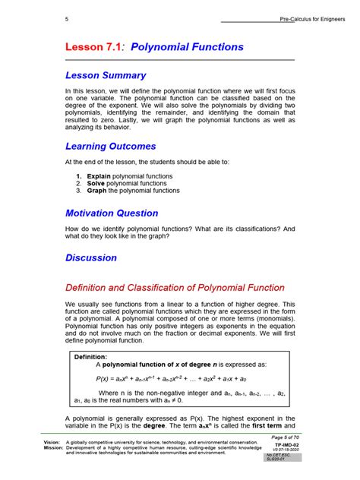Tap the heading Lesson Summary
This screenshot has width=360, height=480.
click(x=106, y=75)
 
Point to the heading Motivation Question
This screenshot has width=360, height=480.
click(x=112, y=213)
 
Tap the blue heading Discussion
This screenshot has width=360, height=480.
click(x=91, y=257)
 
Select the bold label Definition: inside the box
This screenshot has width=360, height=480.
click(x=90, y=355)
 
